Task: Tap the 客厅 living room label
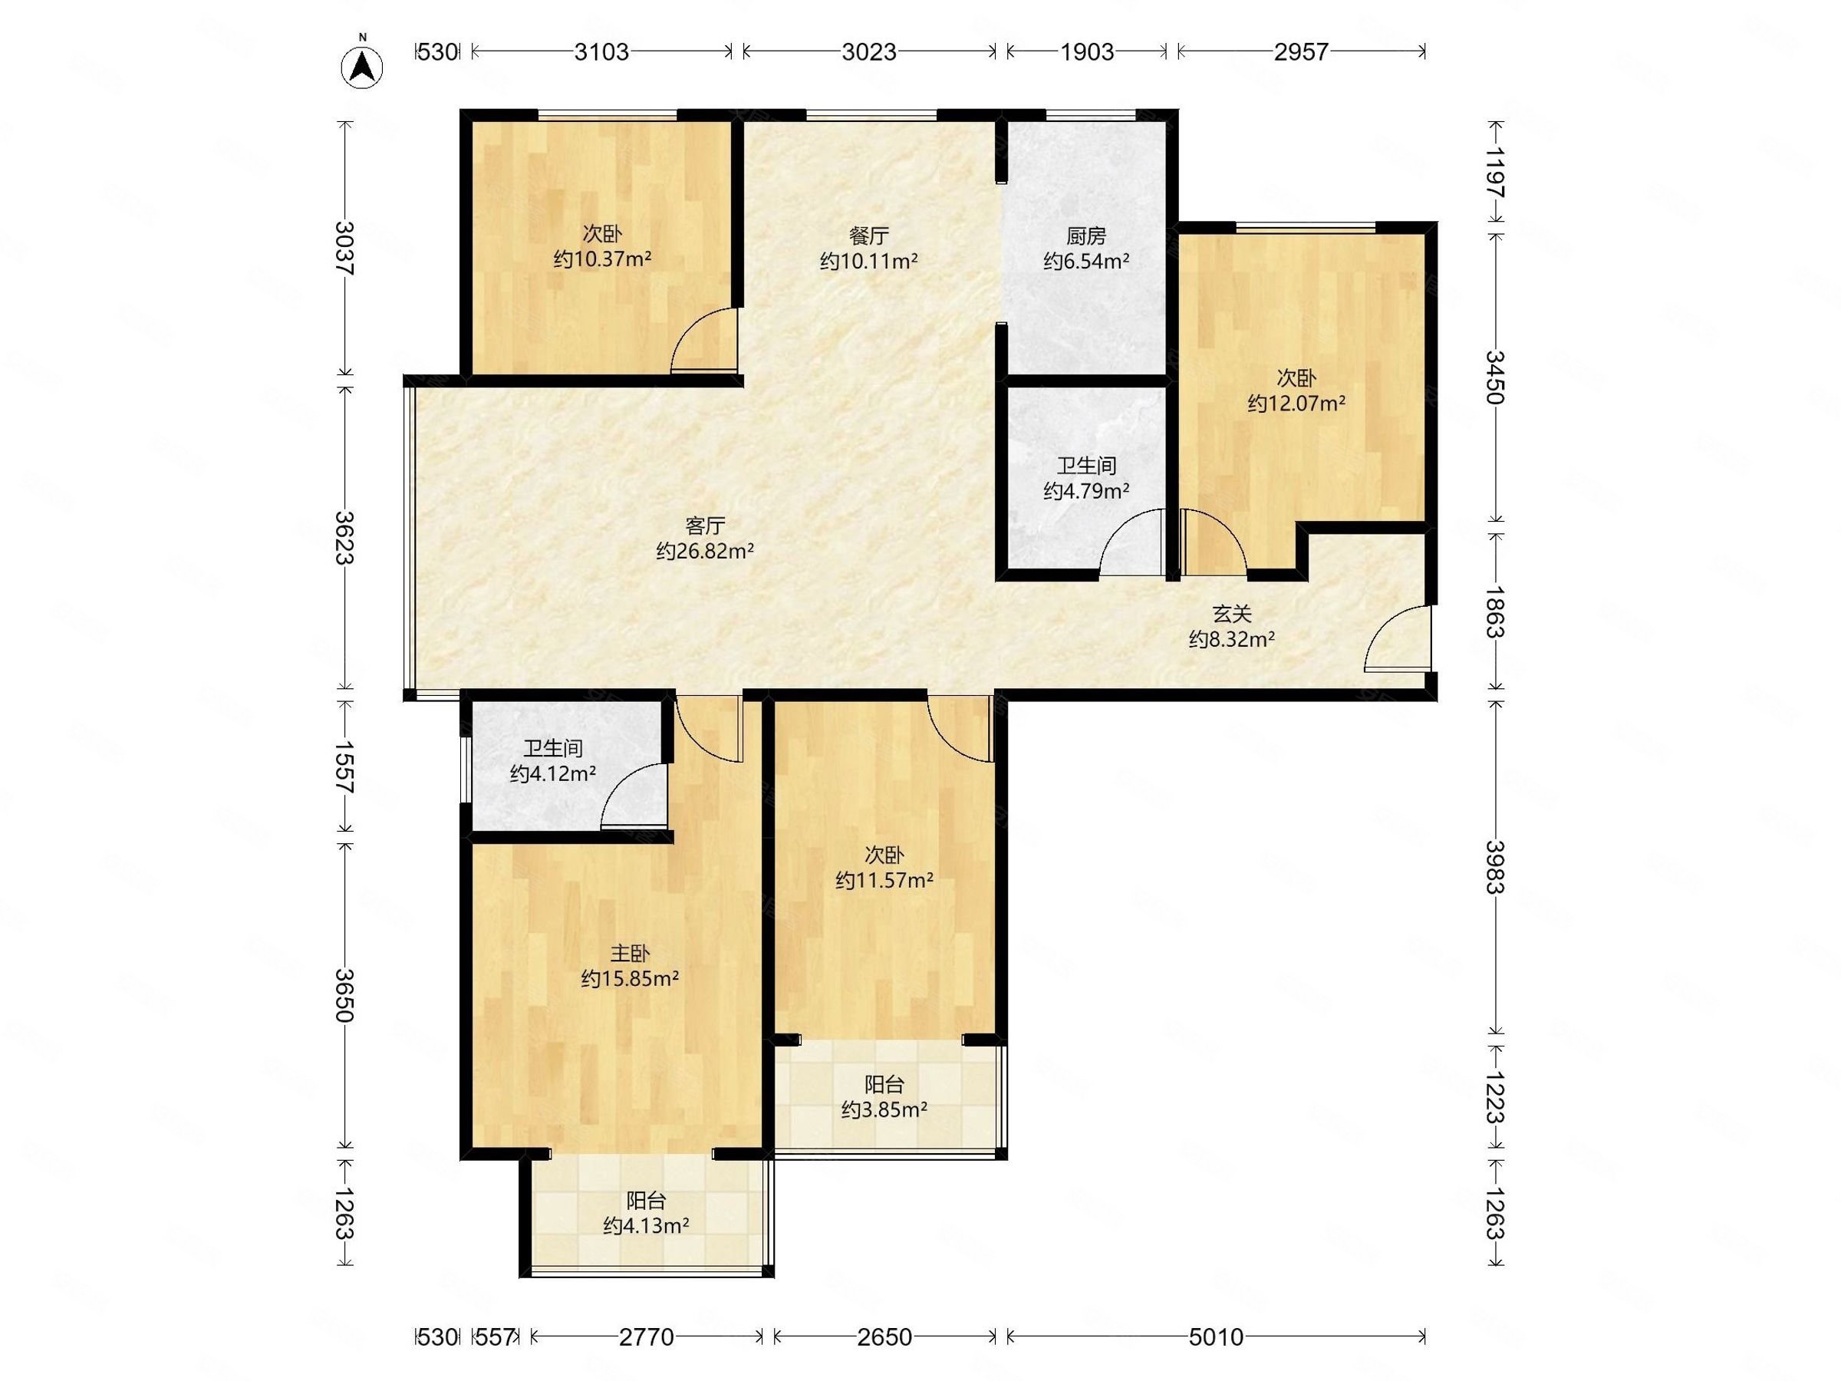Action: tap(705, 526)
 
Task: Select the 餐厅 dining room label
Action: tap(869, 236)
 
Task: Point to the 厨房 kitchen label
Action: tap(1086, 236)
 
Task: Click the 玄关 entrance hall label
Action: tap(1232, 615)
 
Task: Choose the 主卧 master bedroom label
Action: tap(630, 953)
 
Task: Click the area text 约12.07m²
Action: tap(1296, 404)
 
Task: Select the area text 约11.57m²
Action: tap(884, 880)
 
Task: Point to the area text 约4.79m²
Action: tap(1086, 491)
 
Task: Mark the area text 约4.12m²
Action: tap(552, 773)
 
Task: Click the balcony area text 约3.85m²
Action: tap(884, 1109)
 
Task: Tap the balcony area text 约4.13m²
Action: tap(646, 1225)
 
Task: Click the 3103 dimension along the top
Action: tap(601, 52)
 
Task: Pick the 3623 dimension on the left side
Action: tap(344, 538)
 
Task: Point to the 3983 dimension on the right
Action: tap(1497, 868)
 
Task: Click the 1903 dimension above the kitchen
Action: tap(1087, 52)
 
